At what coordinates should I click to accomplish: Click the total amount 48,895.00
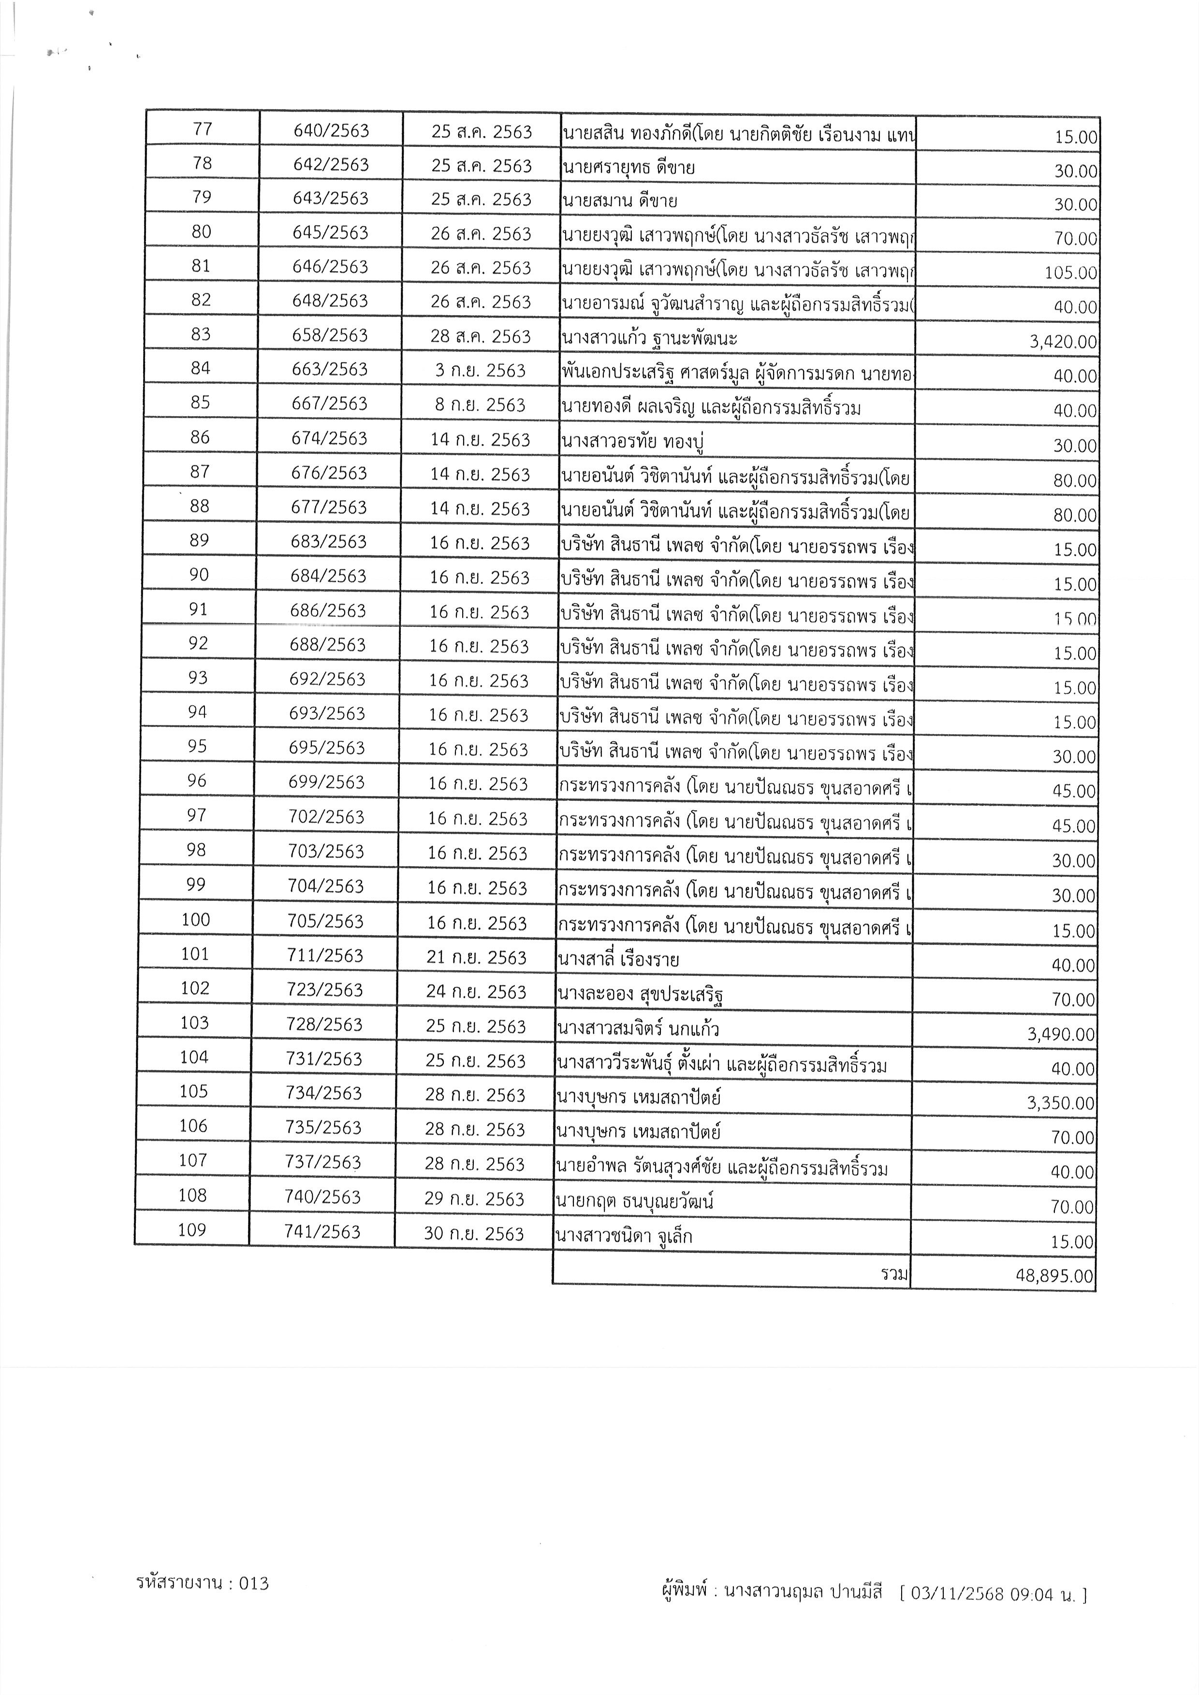click(x=1054, y=1275)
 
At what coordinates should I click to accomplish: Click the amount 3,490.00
click(x=1060, y=1034)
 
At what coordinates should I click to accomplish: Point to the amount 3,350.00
click(x=1060, y=1103)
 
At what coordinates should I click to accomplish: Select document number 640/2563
click(x=331, y=130)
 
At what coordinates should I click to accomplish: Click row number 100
click(x=196, y=919)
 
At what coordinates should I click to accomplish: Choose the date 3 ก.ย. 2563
click(x=480, y=370)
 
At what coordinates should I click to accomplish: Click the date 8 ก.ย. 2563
click(x=480, y=405)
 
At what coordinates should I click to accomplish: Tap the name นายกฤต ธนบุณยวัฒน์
click(x=634, y=1201)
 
